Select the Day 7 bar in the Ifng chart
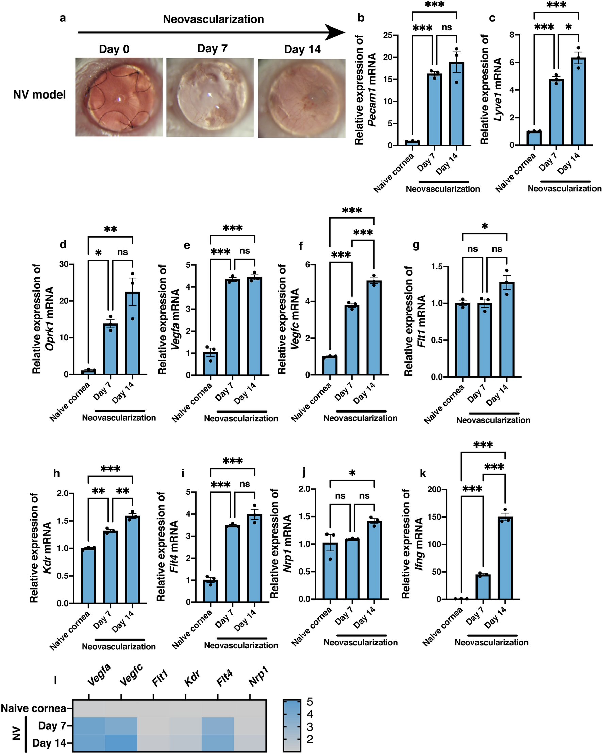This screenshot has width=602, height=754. click(483, 587)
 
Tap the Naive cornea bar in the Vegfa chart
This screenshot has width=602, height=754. click(210, 364)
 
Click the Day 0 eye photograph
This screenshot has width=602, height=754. click(119, 97)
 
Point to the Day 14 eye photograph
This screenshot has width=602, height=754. click(301, 98)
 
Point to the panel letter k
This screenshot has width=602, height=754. click(423, 474)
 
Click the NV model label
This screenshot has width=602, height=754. click(39, 95)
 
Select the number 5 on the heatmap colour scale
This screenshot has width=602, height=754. click(310, 702)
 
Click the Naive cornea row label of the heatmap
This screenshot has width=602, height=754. click(34, 708)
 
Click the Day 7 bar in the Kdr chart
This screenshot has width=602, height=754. click(110, 567)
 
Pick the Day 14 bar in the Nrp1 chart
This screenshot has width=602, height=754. click(374, 560)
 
